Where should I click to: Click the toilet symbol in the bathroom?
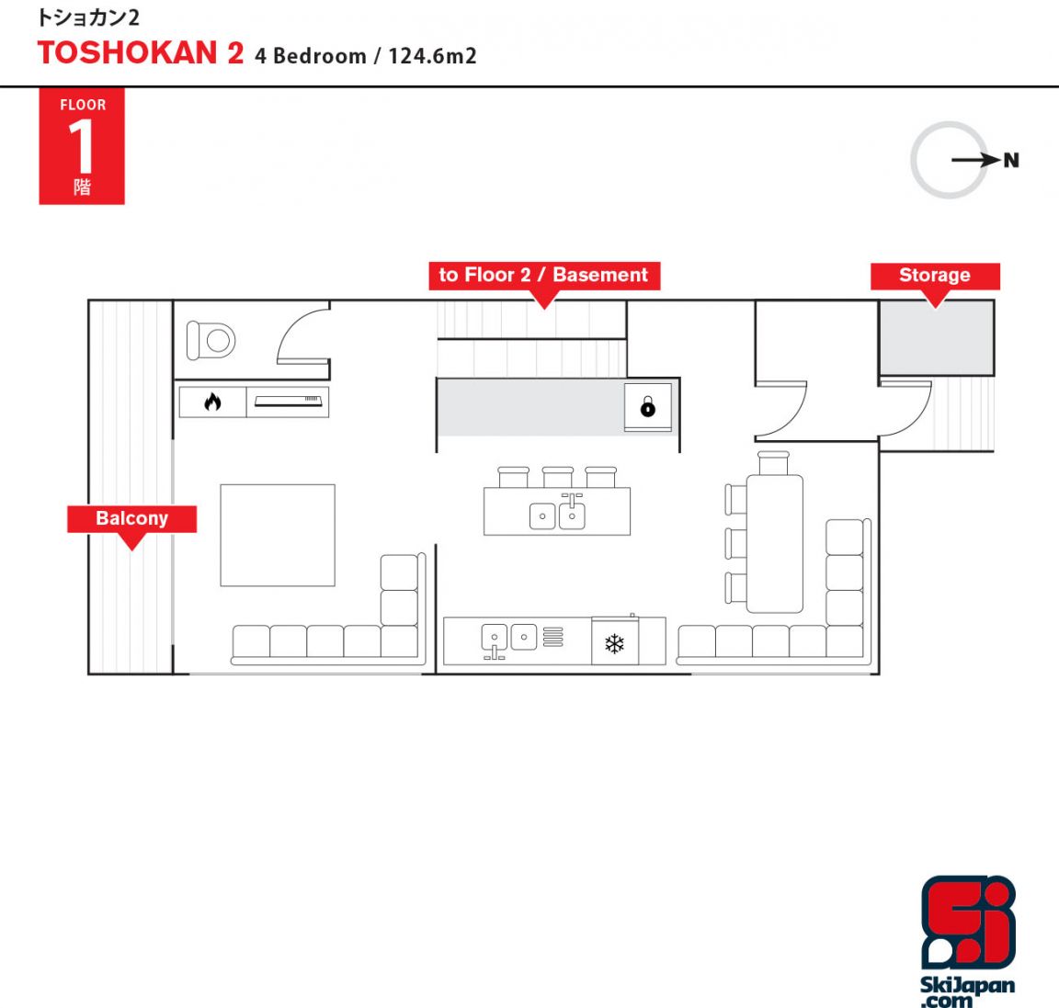210,340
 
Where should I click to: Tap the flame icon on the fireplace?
212,402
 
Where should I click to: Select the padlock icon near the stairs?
648,406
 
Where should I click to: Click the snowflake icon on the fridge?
615,644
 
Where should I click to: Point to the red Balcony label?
131,518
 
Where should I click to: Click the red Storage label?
935,276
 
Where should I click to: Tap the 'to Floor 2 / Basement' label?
544,276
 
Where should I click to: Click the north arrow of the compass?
976,160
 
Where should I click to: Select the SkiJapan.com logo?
968,941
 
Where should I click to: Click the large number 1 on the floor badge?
82,145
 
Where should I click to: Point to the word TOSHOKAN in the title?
127,53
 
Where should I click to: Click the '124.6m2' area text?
432,55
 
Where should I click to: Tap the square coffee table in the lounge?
278,535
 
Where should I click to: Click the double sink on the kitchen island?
557,515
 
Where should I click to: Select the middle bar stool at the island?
558,477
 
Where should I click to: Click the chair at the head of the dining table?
773,463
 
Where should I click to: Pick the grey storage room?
937,337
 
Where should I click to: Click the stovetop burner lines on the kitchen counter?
553,637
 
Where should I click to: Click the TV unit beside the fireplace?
288,402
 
